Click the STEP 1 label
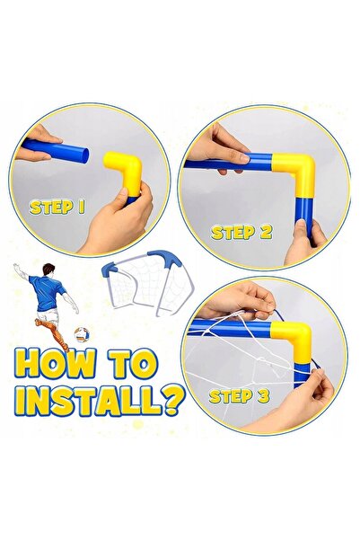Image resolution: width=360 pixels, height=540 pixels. tap(57, 206)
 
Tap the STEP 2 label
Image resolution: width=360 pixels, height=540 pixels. tap(240, 231)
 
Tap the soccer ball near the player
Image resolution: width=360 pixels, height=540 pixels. tap(82, 334)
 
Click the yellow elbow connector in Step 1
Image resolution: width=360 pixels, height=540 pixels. tap(122, 172)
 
